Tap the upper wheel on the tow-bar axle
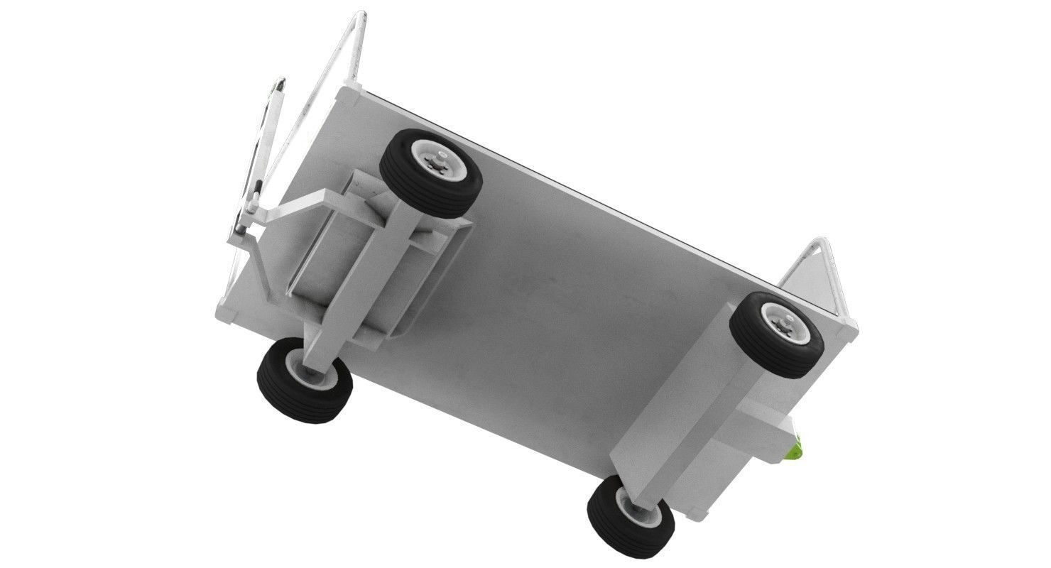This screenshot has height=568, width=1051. point(431,173)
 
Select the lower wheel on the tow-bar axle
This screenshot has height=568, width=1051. point(305,380)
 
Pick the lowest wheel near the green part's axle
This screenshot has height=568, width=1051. point(631,517)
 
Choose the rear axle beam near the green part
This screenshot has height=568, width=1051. point(699,419)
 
